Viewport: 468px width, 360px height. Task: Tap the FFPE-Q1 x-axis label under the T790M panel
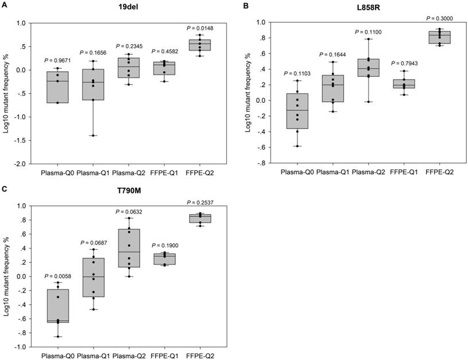(x=167, y=356)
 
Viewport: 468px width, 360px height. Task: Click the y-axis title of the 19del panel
(x=6, y=94)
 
